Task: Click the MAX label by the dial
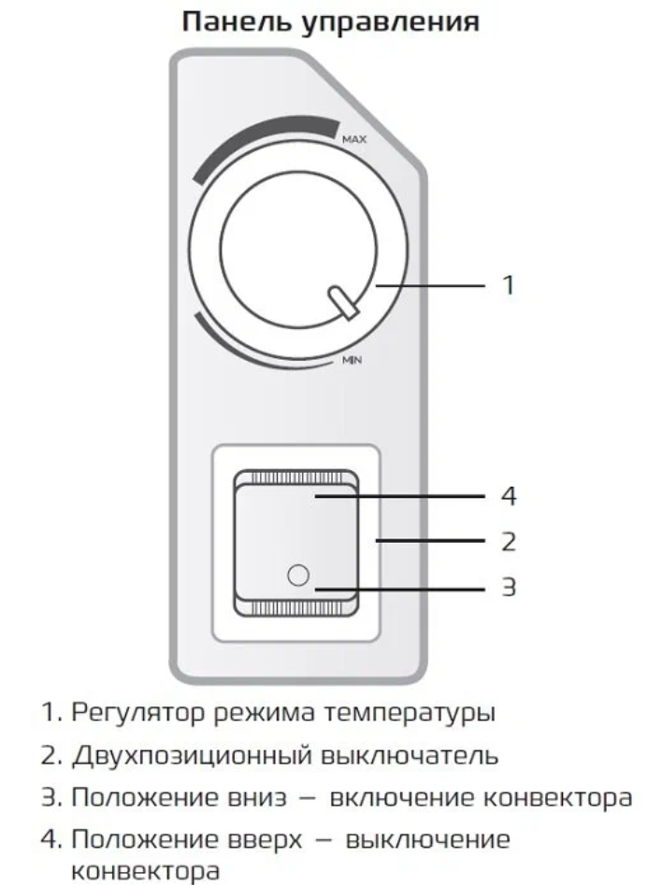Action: coord(354,139)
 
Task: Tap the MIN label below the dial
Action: coord(352,360)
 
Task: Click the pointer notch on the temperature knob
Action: coord(343,303)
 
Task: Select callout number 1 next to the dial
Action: coord(509,285)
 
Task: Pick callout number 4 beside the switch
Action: coord(509,496)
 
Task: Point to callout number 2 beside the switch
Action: coord(509,542)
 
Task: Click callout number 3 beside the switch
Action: coord(509,588)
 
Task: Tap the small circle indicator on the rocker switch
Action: coord(298,575)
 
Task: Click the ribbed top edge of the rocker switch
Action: coord(296,478)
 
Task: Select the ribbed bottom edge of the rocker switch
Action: coord(296,607)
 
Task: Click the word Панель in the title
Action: coord(238,23)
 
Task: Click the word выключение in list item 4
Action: coord(427,840)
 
